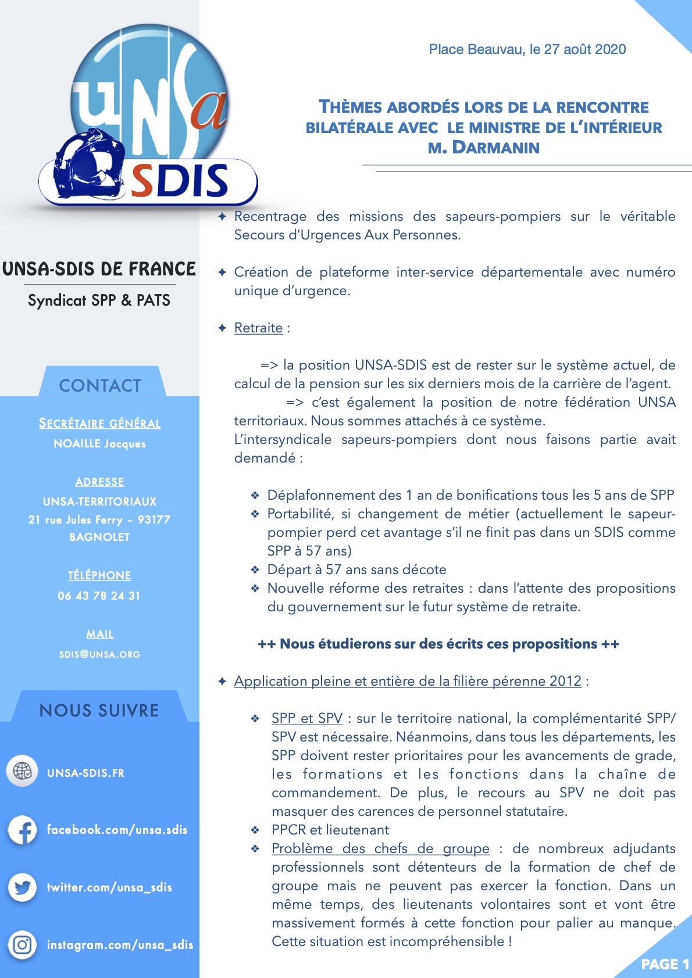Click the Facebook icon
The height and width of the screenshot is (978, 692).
pos(22,830)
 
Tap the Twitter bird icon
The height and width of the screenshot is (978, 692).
pos(22,887)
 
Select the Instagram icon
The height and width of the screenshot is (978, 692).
pos(22,945)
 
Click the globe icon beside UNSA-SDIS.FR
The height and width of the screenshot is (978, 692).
pos(22,772)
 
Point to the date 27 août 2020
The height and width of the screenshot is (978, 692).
pos(584,49)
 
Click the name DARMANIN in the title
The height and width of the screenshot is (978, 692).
pos(496,148)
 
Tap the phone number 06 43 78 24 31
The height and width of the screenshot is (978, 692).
pos(99,596)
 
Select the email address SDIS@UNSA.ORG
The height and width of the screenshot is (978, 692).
pos(99,654)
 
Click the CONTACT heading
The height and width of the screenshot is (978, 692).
pos(100,385)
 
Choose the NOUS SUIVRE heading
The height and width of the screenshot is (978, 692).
pos(99,710)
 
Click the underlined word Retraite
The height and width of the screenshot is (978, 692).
pos(258,328)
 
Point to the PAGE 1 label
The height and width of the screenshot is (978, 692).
pos(665,964)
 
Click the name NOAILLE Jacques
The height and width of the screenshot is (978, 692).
pos(99,444)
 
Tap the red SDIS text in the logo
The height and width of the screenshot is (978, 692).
pos(180,181)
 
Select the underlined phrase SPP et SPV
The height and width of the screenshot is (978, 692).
pos(306,718)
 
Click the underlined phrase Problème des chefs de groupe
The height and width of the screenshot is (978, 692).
pos(380,848)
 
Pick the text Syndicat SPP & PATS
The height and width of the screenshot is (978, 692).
pos(99,300)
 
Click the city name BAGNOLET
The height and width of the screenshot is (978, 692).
pos(99,537)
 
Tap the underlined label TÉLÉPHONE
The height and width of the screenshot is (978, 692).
pos(99,575)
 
